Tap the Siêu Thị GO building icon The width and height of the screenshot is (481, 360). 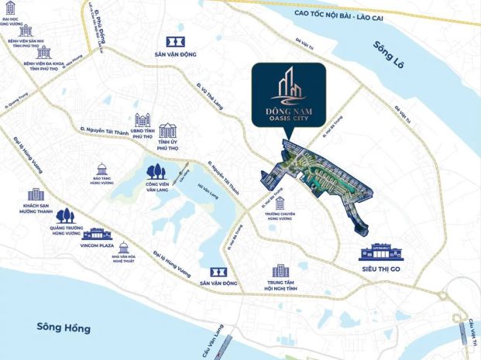(383, 254)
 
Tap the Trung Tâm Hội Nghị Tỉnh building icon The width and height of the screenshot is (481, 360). (280, 270)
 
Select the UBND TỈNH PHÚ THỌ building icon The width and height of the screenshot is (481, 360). (143, 120)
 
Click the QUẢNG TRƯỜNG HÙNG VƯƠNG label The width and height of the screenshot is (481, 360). (66, 231)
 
